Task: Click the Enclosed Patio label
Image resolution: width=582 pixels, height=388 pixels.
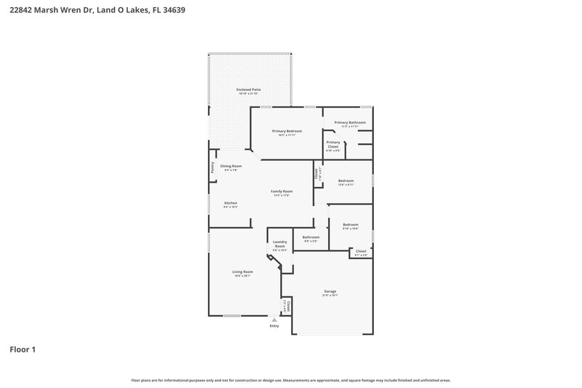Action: (249, 90)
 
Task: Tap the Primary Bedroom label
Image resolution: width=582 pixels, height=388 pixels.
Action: (287, 130)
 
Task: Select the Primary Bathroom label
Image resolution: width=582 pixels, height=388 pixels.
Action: (350, 122)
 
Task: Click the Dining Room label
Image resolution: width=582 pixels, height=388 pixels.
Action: (231, 166)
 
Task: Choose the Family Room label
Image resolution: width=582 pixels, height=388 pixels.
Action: (282, 191)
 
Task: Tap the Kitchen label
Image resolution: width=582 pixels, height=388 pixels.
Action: (231, 203)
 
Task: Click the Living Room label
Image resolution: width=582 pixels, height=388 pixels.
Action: (242, 272)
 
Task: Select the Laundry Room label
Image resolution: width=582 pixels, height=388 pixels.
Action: (280, 244)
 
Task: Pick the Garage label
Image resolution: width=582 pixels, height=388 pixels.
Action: (330, 291)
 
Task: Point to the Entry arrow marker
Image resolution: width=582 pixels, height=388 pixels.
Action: (274, 320)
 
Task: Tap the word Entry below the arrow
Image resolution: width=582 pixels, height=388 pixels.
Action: (274, 326)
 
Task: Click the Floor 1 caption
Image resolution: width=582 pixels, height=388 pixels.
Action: (23, 349)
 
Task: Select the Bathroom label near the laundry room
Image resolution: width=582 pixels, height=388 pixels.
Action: (311, 237)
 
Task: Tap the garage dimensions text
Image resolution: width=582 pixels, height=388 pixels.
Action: (330, 296)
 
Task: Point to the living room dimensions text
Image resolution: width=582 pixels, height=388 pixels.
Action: (242, 276)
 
